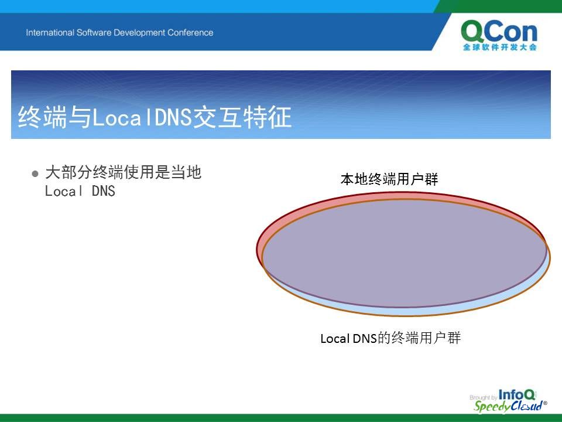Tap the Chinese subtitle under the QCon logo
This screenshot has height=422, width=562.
pyautogui.click(x=499, y=47)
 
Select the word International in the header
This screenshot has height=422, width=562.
pyautogui.click(x=50, y=33)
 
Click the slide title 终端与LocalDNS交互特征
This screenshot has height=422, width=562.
pyautogui.click(x=155, y=117)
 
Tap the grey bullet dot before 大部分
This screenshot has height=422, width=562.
pyautogui.click(x=35, y=174)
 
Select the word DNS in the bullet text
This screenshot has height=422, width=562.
pyautogui.click(x=104, y=191)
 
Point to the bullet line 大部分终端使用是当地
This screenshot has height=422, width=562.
pyautogui.click(x=123, y=172)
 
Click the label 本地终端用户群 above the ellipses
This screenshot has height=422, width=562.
pyautogui.click(x=389, y=179)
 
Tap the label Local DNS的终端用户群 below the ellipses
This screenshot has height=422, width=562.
pyautogui.click(x=390, y=338)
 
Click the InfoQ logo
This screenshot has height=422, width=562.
pyautogui.click(x=517, y=395)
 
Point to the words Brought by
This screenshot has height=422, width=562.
pyautogui.click(x=483, y=397)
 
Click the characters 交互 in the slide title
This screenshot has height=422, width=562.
pyautogui.click(x=217, y=117)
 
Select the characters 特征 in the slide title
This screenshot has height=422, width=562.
pyautogui.click(x=267, y=117)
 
